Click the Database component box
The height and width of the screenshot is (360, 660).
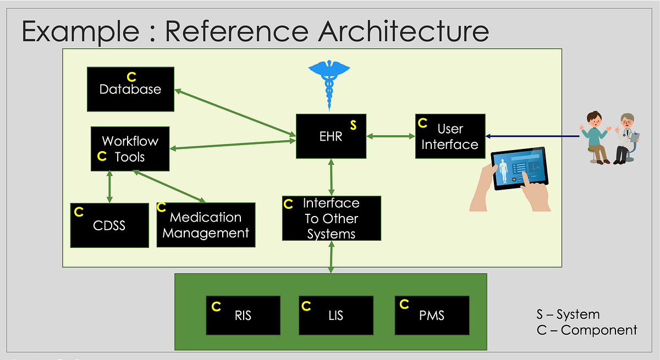click(130, 89)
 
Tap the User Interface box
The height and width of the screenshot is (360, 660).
click(450, 136)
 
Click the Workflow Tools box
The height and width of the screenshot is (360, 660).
click(130, 149)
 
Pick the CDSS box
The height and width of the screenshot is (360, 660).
click(109, 225)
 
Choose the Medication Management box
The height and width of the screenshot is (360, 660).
click(206, 225)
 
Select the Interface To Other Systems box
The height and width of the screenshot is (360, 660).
click(331, 218)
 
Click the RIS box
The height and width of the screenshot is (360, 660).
click(243, 315)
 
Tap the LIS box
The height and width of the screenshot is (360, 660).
click(336, 315)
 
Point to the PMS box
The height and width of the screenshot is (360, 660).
click(432, 315)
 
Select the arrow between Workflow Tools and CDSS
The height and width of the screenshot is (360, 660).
click(110, 187)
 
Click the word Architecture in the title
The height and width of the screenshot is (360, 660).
click(404, 31)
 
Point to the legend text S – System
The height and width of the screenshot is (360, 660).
click(568, 315)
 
